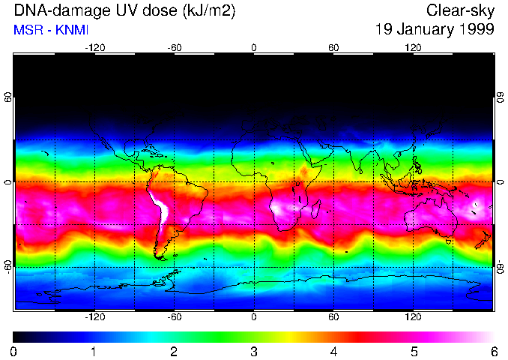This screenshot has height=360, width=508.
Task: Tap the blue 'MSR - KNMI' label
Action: point(48,31)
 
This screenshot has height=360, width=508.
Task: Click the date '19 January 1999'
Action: point(435,30)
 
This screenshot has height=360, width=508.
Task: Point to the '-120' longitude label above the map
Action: point(94,47)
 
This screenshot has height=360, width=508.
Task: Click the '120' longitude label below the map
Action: point(413,316)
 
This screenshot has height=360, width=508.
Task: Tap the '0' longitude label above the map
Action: point(254,47)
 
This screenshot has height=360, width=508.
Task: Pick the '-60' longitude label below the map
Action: point(175,316)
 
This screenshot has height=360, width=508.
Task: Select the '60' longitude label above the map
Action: point(333,47)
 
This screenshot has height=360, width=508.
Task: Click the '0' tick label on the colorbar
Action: point(14,351)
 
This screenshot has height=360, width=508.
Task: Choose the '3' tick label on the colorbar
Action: point(253,351)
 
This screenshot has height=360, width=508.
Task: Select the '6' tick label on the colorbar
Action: point(493,351)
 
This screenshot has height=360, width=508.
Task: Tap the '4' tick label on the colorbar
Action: point(333,351)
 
